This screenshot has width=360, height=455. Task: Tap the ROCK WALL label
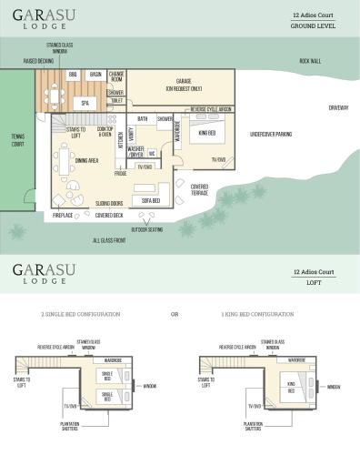click(x=310, y=61)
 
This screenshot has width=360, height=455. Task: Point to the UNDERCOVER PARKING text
click(x=271, y=134)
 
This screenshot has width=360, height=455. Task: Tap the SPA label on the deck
click(x=85, y=103)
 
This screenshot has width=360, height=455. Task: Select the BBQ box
click(x=72, y=74)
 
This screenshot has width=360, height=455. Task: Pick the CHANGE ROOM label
click(x=116, y=76)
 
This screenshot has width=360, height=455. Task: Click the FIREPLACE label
click(x=63, y=217)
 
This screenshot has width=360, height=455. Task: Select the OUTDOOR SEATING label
click(x=147, y=229)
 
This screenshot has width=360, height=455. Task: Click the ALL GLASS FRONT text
click(x=108, y=240)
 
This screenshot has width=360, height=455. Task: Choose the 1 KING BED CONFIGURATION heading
click(x=257, y=314)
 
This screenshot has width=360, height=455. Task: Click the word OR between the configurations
click(x=175, y=314)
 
